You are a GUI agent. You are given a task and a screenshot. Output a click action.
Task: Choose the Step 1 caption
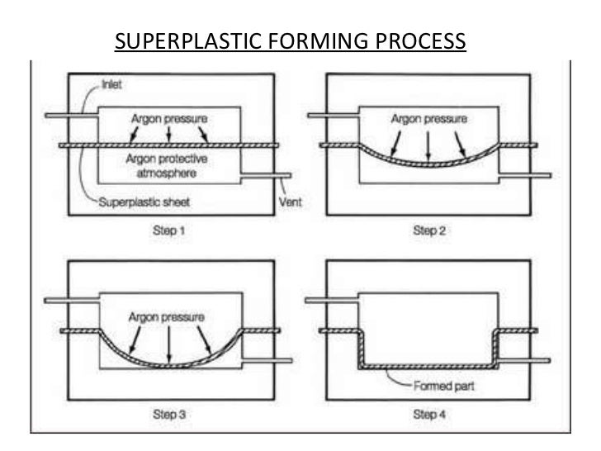pos(169,231)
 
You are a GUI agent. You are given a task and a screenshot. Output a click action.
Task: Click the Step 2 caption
pos(429,231)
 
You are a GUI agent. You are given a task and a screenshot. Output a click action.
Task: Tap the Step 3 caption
pos(169,415)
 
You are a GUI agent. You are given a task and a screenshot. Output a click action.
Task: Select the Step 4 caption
pos(429,415)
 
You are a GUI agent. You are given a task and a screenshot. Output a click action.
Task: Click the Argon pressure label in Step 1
pos(168,119)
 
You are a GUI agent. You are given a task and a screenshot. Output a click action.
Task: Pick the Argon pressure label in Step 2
pos(428,119)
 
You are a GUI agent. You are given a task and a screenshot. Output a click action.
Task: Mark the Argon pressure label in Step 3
pos(168,317)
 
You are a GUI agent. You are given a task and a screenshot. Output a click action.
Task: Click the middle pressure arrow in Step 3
pos(168,344)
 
